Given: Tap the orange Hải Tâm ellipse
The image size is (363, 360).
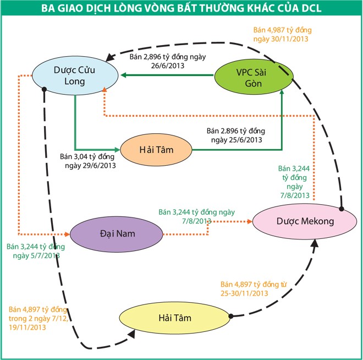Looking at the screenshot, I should pos(156,149).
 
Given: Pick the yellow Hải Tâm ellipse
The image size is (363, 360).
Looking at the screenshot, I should pos(174,318).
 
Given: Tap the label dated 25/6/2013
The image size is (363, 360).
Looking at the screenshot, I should pos(236,135).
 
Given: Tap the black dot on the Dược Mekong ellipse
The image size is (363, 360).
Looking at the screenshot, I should pos(341,209).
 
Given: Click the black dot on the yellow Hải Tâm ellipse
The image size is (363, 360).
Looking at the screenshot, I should pos(231,316).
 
